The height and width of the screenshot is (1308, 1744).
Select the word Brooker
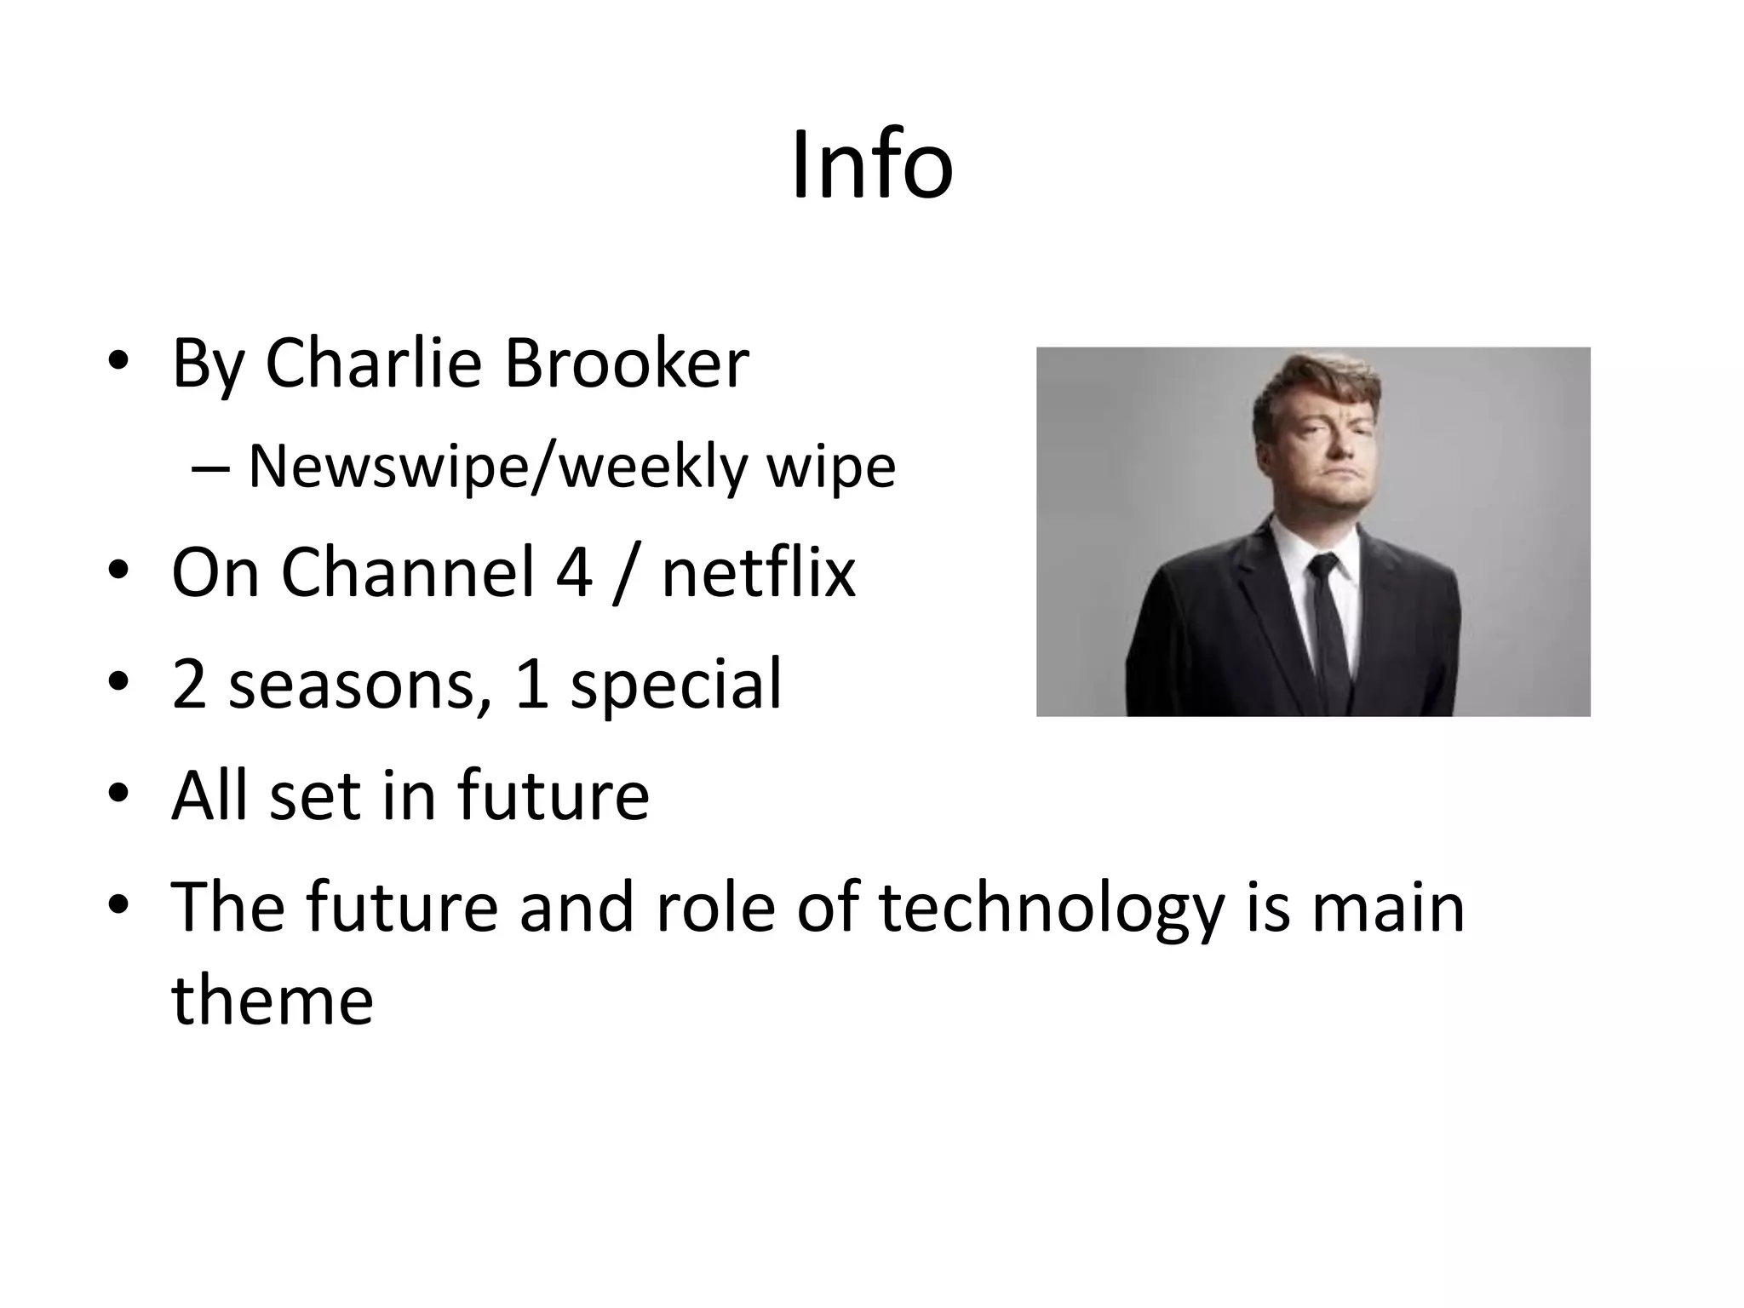(x=626, y=364)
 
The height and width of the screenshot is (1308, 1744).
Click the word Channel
(x=407, y=573)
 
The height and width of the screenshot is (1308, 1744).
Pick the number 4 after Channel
(x=573, y=573)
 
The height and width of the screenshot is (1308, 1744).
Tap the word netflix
(x=758, y=573)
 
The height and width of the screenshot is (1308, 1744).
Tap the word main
(x=1387, y=908)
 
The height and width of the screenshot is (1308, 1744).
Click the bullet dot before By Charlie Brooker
(x=118, y=364)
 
